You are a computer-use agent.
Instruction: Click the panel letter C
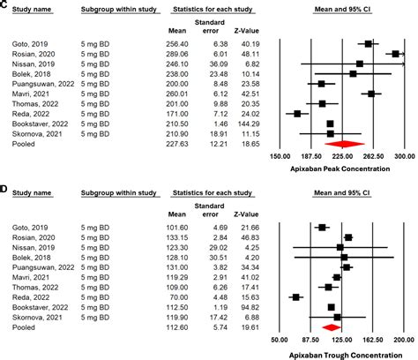click(4, 5)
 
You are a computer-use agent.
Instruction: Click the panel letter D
click(4, 188)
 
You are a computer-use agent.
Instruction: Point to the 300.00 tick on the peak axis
click(404, 155)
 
